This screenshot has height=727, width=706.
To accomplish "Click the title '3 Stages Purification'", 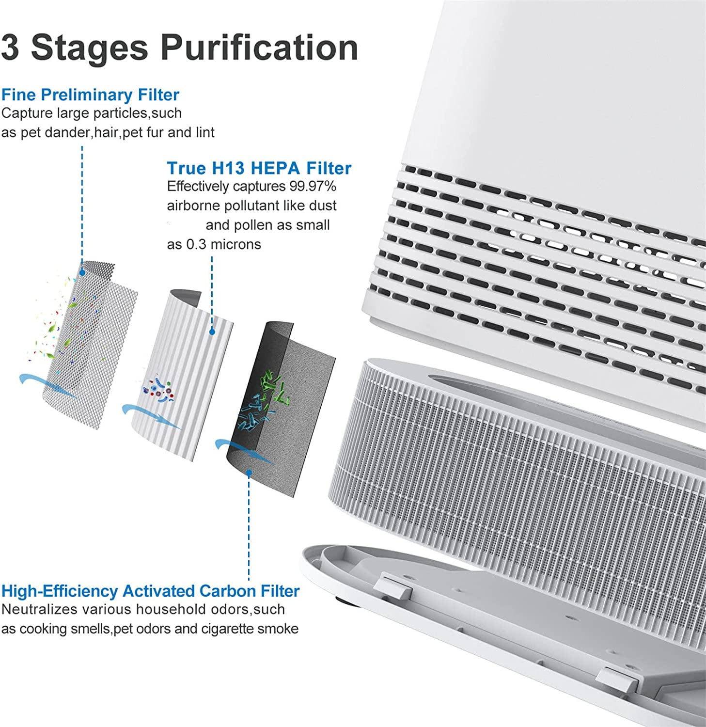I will (179, 47).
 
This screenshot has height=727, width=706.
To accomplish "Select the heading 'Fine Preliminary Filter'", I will (90, 95).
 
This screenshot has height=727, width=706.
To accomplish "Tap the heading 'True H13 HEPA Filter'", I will (259, 168).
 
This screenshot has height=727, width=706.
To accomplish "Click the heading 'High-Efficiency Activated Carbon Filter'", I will (150, 591).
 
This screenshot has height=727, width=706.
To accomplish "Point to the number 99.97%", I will (313, 187).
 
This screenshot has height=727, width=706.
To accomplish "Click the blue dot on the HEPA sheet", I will (212, 332).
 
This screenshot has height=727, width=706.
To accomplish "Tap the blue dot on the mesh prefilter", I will (82, 272).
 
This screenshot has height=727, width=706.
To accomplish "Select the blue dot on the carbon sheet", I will (249, 472).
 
